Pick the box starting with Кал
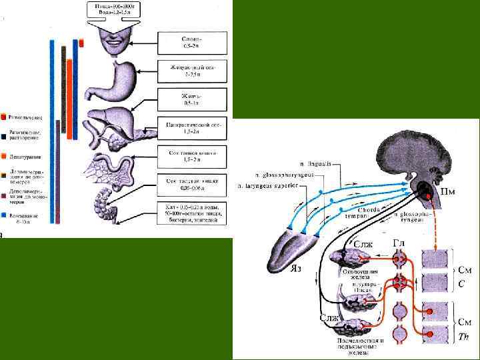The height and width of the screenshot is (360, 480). [195, 213]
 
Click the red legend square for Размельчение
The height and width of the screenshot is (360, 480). [4, 116]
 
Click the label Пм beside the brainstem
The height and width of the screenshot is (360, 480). [448, 191]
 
